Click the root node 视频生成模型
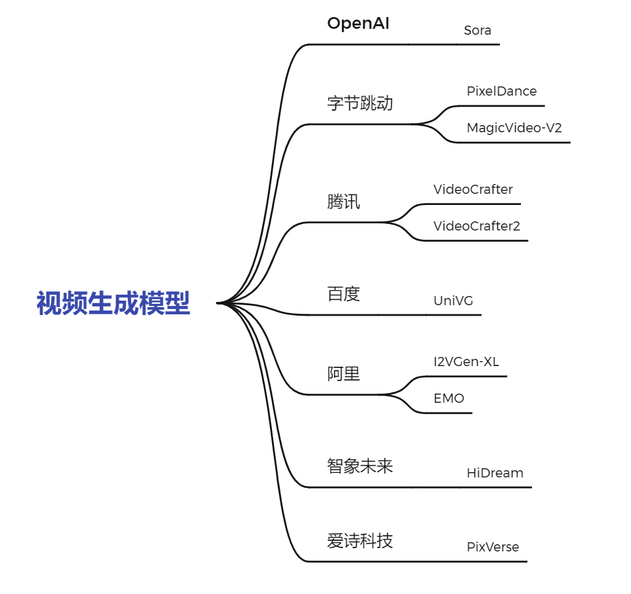(x=113, y=304)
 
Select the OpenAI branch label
(x=358, y=24)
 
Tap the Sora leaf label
(x=477, y=30)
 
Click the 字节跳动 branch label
(x=360, y=103)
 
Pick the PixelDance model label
(x=501, y=91)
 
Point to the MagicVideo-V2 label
(x=514, y=128)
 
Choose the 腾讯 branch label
(x=343, y=202)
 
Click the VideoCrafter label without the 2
(x=472, y=189)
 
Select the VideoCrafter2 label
(x=476, y=226)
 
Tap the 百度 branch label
(x=343, y=294)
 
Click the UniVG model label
(x=453, y=301)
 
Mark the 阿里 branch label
(x=343, y=374)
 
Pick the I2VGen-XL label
(x=466, y=362)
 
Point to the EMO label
(x=449, y=398)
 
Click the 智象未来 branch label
(x=360, y=466)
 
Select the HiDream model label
(x=495, y=473)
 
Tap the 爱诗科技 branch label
(x=360, y=541)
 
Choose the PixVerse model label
(x=492, y=547)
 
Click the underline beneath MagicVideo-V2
(x=518, y=142)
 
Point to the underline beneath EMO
(x=452, y=413)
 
